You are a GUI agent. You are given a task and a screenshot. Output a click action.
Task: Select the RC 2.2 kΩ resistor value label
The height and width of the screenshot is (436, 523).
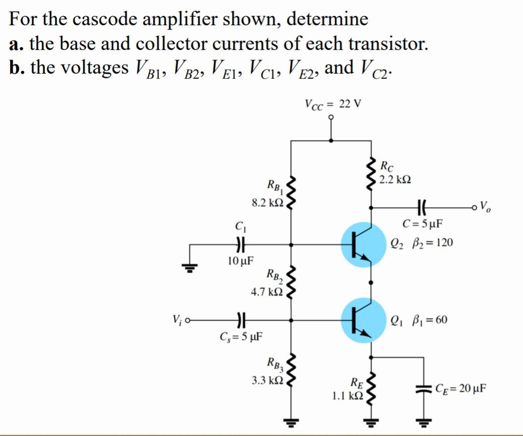pyautogui.click(x=395, y=179)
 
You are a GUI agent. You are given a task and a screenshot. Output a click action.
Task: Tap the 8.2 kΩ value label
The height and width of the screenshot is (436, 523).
pyautogui.click(x=268, y=203)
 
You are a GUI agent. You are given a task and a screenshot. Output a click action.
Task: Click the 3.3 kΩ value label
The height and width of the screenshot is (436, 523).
pyautogui.click(x=267, y=380)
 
